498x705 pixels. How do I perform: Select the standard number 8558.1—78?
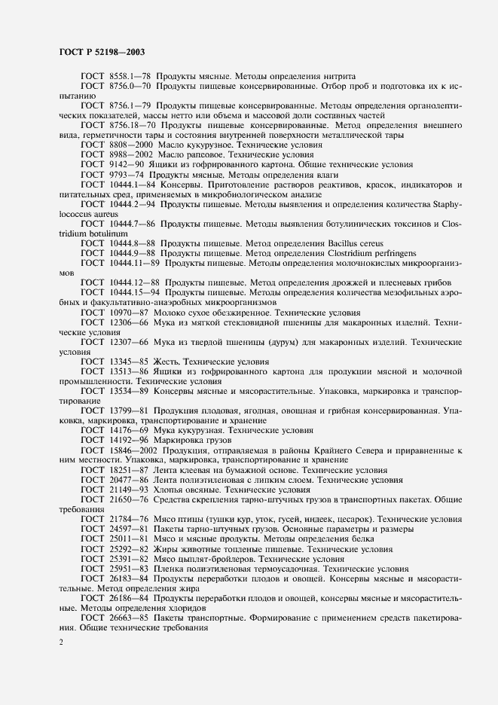[x=130, y=76]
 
